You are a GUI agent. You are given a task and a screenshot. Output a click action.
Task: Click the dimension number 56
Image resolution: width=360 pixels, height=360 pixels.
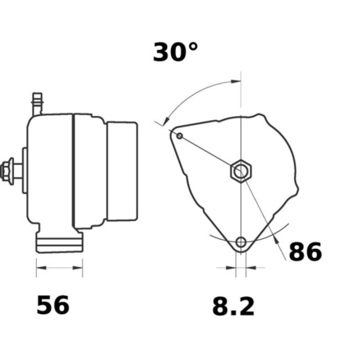click(53, 306)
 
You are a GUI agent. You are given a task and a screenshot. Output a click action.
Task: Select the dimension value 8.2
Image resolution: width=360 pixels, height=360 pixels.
click(233, 307)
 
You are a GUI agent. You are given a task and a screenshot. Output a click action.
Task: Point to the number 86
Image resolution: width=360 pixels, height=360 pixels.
click(305, 252)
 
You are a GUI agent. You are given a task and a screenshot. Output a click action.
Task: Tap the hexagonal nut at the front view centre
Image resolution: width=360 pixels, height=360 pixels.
click(242, 171)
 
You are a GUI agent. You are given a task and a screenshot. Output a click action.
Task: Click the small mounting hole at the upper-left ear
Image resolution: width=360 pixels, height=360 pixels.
click(180, 136)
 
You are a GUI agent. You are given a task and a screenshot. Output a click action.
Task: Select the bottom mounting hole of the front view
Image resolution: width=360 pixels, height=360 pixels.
click(242, 242)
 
